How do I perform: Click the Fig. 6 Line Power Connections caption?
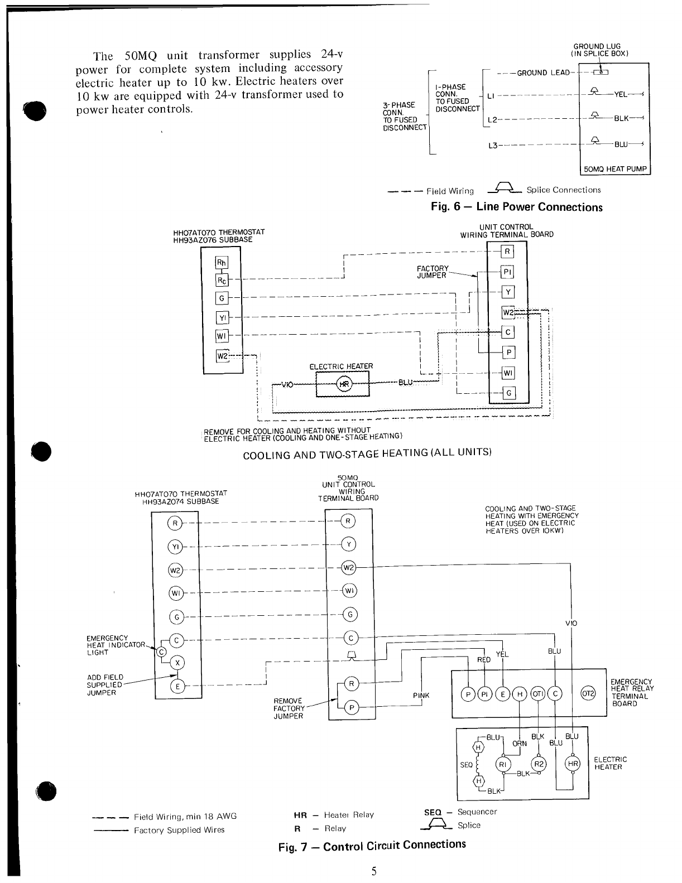[516, 207]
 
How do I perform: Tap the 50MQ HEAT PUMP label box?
[614, 169]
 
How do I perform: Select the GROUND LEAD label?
[544, 73]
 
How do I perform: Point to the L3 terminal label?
[492, 146]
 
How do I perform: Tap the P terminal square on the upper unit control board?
[508, 353]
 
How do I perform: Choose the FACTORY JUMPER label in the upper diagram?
[433, 272]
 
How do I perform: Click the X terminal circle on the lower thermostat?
[177, 663]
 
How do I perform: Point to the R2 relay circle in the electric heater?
[539, 764]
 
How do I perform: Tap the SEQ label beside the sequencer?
[466, 765]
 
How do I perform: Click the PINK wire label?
[421, 696]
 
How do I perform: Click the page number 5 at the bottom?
[373, 871]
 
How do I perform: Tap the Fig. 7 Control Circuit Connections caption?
[372, 845]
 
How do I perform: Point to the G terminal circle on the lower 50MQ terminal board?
[349, 615]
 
